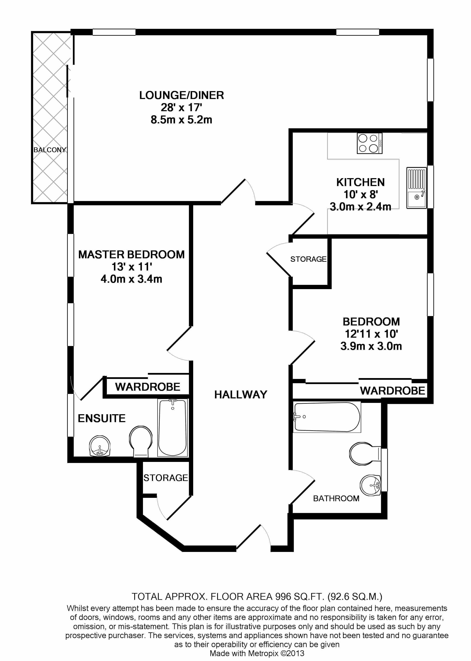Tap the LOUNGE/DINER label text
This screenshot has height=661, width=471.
(x=182, y=95)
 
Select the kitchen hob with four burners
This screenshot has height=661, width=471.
(x=369, y=143)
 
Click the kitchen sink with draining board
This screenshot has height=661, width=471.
(x=417, y=188)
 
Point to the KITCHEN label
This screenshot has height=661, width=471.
(x=361, y=182)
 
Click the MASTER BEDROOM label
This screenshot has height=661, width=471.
(x=131, y=254)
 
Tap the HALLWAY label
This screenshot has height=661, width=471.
(x=241, y=395)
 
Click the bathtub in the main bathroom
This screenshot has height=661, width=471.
(x=327, y=417)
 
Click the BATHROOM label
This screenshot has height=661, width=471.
(x=336, y=498)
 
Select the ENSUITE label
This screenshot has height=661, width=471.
(x=102, y=418)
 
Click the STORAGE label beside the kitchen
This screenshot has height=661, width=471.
(x=308, y=259)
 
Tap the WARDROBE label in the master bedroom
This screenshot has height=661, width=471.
(x=148, y=387)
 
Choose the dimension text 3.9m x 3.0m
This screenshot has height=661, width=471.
(x=371, y=346)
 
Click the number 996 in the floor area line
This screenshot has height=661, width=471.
(x=283, y=597)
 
